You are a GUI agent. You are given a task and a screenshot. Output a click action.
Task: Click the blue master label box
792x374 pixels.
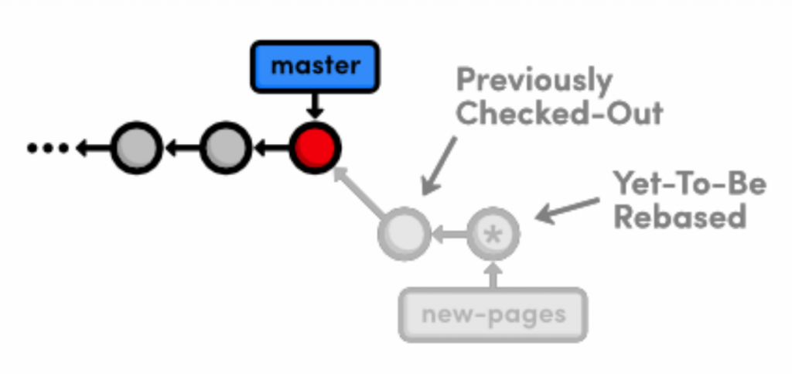(x=314, y=66)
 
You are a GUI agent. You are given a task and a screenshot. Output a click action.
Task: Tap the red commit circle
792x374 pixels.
(x=315, y=146)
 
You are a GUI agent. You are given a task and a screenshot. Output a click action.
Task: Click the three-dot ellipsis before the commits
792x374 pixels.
(x=48, y=147)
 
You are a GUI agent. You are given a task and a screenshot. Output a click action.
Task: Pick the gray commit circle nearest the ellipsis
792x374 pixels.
(x=136, y=147)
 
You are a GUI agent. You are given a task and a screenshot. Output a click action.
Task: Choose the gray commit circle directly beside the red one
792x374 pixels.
(x=225, y=147)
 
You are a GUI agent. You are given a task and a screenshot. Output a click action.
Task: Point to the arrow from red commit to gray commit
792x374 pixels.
(x=270, y=147)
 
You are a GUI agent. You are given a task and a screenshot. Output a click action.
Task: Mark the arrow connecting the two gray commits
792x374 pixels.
(x=181, y=147)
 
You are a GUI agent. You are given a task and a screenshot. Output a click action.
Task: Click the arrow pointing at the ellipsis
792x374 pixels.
(x=92, y=147)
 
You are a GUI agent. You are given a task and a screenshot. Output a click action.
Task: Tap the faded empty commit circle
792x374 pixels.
(x=403, y=233)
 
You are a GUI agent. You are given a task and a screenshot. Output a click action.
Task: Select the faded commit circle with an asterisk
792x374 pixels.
(x=493, y=233)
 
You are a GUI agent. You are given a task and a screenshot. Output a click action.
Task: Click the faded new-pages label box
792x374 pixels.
(x=493, y=315)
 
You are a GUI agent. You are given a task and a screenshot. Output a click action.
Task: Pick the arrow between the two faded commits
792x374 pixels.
(x=448, y=233)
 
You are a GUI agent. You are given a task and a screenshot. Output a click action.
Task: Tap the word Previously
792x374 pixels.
(x=534, y=80)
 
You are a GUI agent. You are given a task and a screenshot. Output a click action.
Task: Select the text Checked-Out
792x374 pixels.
(x=559, y=114)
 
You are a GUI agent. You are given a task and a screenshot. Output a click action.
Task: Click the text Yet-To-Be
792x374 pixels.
(x=689, y=184)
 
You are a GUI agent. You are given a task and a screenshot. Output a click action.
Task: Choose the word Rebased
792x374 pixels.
(x=680, y=218)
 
